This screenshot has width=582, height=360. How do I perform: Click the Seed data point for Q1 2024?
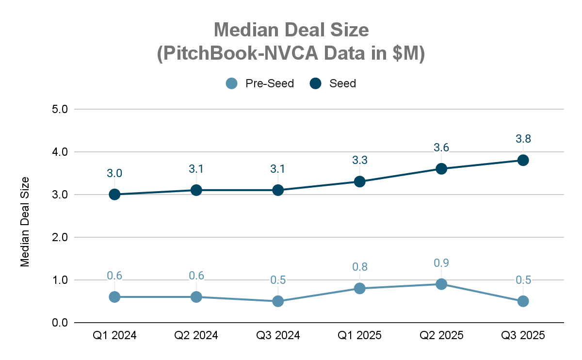[114, 195]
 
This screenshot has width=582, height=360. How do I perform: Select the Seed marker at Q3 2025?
[523, 160]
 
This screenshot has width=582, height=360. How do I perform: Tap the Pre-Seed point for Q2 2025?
[441, 284]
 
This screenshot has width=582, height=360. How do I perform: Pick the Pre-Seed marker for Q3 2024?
[278, 301]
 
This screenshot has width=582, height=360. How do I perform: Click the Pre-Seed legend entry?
[260, 83]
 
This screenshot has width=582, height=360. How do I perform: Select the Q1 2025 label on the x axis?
[359, 335]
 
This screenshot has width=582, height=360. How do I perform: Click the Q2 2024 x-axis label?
[196, 335]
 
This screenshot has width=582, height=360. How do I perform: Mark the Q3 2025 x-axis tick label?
[523, 335]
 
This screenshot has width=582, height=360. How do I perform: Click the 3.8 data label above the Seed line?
[523, 139]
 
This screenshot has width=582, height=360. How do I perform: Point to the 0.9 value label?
[441, 263]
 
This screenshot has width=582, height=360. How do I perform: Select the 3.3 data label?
[359, 160]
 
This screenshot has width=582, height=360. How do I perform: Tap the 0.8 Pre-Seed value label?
[359, 267]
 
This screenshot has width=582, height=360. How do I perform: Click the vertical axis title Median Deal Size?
[25, 222]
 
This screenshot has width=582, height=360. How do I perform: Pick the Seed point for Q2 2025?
[441, 169]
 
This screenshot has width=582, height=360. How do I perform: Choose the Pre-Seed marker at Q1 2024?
[114, 297]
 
